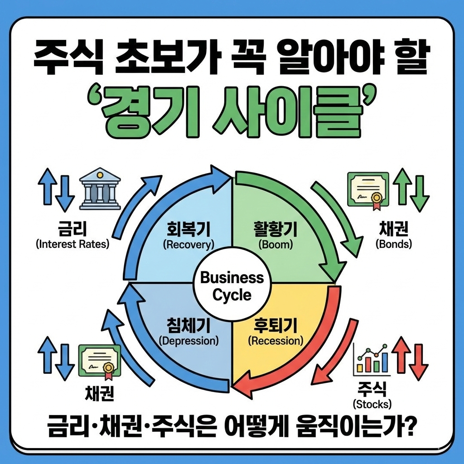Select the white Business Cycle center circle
tap(232, 286)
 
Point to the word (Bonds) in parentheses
tap(394, 245)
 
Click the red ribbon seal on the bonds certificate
tap(376, 199)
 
